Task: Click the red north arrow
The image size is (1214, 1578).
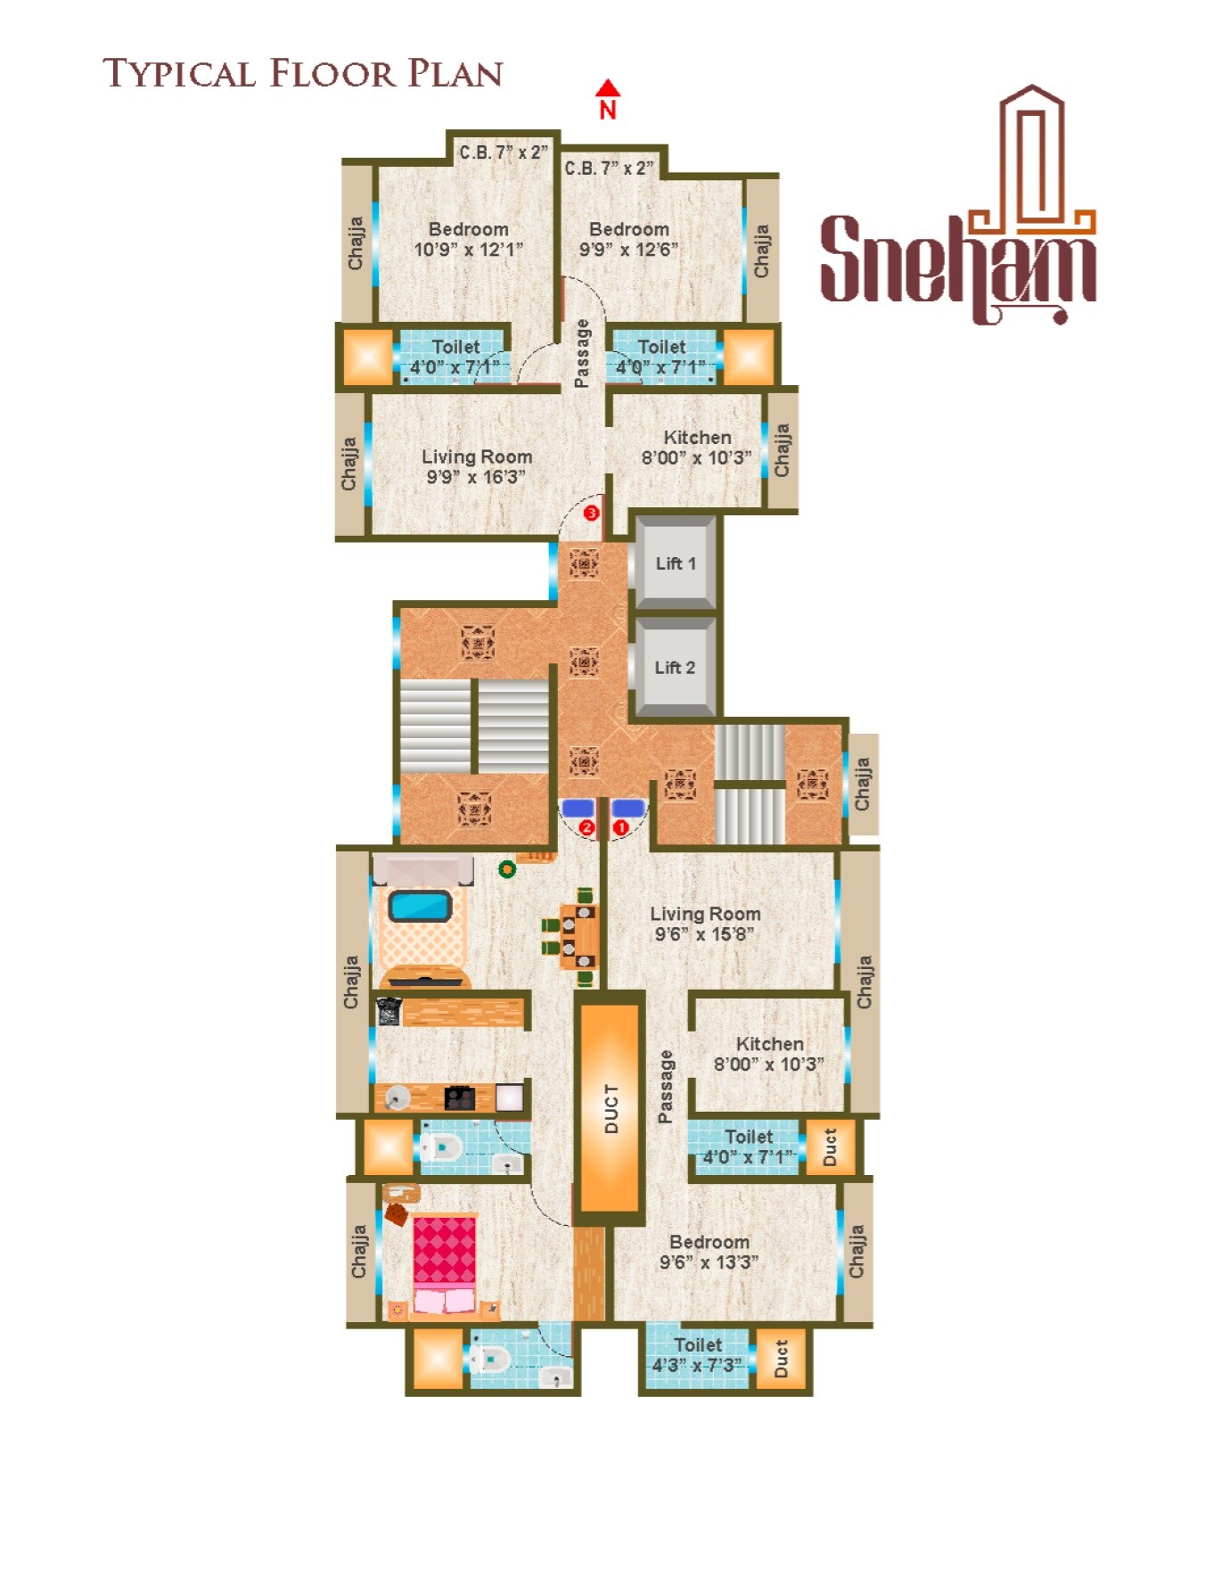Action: point(608,88)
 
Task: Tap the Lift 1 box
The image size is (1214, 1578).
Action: point(675,563)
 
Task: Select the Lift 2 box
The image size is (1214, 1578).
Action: point(675,668)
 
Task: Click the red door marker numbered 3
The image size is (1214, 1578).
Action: point(591,514)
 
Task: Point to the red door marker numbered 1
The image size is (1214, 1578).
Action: point(620,827)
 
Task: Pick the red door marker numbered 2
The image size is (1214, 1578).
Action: point(586,827)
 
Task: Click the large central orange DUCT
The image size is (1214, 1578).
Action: point(611,1108)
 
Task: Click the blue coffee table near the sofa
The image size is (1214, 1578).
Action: point(420,907)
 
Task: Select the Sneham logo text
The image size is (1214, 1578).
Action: point(957,259)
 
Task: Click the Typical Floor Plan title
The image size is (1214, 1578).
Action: point(303,74)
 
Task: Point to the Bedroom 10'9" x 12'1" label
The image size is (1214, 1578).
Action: point(468,239)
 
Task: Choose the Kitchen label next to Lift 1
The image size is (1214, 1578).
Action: point(697,448)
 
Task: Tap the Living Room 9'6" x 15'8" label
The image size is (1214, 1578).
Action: point(705,924)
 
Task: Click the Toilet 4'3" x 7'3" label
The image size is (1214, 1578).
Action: point(697,1355)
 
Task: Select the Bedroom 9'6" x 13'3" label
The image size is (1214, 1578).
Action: point(710,1252)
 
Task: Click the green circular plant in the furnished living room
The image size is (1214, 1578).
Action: point(506,868)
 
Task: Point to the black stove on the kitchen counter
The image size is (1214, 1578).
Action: point(459,1097)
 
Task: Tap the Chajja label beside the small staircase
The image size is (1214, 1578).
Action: point(862,784)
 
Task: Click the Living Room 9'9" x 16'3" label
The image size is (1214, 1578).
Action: point(477,466)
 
